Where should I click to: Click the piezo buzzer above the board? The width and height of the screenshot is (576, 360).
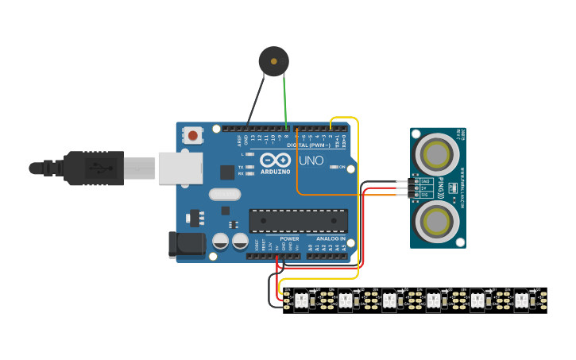pyautogui.click(x=273, y=60)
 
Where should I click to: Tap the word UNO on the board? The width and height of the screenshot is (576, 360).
pyautogui.click(x=311, y=161)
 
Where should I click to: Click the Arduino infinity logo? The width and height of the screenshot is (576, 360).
pyautogui.click(x=275, y=159)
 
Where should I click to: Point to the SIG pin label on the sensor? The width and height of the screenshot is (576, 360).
pyautogui.click(x=425, y=195)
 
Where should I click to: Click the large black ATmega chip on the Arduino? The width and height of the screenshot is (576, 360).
pyautogui.click(x=298, y=221)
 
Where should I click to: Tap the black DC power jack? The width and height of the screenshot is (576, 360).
pyautogui.click(x=186, y=245)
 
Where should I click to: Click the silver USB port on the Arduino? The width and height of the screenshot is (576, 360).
pyautogui.click(x=181, y=168)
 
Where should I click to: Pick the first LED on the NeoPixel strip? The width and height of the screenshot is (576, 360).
pyautogui.click(x=302, y=300)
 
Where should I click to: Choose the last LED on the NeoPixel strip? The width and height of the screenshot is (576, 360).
pyautogui.click(x=521, y=300)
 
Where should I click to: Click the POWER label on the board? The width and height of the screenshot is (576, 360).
pyautogui.click(x=289, y=238)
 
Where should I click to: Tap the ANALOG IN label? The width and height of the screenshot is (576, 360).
pyautogui.click(x=331, y=238)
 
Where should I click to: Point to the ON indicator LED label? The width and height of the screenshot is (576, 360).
pyautogui.click(x=342, y=168)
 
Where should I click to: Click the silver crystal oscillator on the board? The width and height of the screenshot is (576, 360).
pyautogui.click(x=225, y=194)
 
